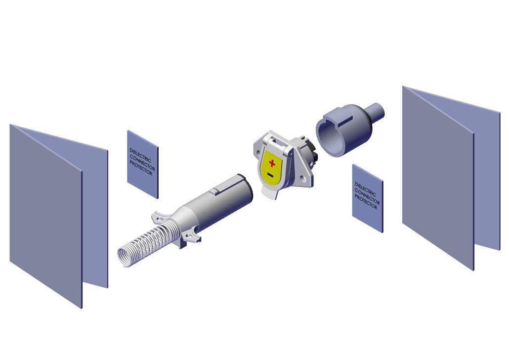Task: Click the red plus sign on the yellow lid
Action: (272, 163)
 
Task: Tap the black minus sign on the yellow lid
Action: (270, 175)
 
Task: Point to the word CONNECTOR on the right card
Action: (367, 196)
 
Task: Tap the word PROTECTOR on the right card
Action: (366, 202)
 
